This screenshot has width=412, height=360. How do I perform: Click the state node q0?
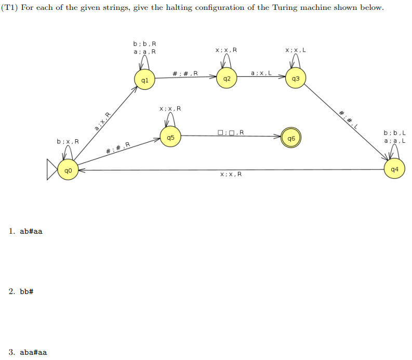pos(68,170)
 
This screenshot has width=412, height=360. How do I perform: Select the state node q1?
pos(145,80)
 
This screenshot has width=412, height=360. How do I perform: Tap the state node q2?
pos(227,79)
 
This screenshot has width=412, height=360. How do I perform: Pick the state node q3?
pos(296,79)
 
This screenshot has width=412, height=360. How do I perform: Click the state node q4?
pos(394,169)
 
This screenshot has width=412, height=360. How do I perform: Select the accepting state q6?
pos(291,139)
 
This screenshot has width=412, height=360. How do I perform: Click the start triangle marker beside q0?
pos(52,170)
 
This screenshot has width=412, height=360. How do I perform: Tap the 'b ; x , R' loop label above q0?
pos(68,141)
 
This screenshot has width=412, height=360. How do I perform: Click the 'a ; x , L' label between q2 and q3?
pos(261,74)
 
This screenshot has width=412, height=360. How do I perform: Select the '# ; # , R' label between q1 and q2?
pos(184,74)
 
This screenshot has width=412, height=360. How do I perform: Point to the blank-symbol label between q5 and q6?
pos(231,132)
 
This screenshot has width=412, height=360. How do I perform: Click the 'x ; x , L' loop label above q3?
pos(296,50)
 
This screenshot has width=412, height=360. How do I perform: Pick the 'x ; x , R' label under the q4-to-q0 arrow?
pos(231,174)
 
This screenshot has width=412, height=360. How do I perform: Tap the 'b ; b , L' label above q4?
pos(394,133)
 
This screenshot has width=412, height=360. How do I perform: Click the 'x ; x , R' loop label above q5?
pos(170,109)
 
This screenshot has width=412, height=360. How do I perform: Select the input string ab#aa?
pos(31,231)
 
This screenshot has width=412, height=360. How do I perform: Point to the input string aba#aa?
pos(33,352)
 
